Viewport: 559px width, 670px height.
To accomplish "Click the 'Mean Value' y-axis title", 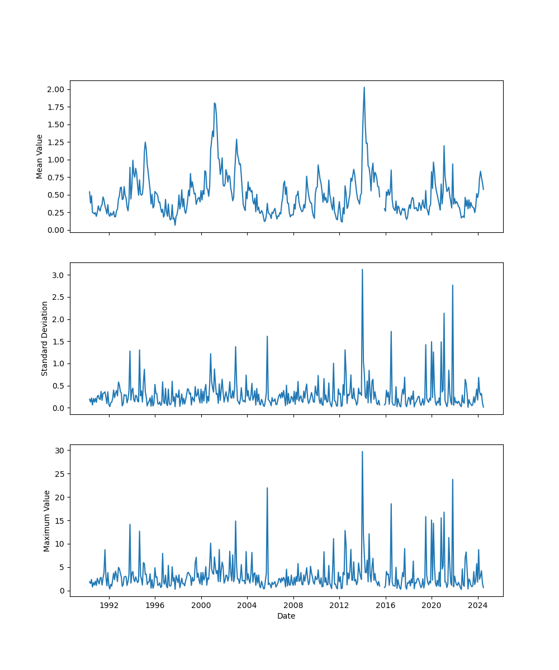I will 40,156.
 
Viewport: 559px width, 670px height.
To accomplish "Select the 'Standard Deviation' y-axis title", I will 45,338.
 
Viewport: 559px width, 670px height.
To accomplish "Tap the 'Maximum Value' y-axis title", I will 47,520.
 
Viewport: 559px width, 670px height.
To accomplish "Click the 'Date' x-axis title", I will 286,616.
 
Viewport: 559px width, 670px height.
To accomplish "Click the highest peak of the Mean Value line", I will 364,87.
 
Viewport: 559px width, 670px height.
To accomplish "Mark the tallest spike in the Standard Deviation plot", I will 362,269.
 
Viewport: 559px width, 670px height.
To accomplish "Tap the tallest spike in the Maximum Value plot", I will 362,451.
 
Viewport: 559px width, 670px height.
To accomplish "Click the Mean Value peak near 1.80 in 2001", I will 214,103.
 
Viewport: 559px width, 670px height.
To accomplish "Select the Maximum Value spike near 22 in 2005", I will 267,487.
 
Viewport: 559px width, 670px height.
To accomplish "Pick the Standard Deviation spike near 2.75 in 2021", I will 453,285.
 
